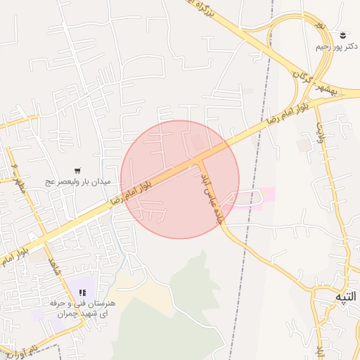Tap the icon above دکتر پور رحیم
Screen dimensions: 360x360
[x=343, y=34]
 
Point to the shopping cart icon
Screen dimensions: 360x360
[x=77, y=170]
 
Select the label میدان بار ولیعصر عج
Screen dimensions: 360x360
[x=79, y=181]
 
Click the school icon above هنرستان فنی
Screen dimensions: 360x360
[x=82, y=292]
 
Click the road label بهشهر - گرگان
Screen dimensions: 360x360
[x=317, y=84]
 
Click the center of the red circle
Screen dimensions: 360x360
[x=180, y=179]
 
